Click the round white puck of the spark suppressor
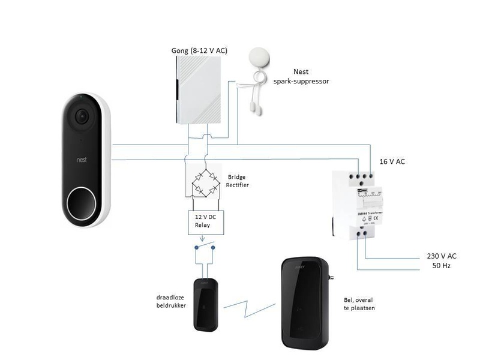[x=259, y=57]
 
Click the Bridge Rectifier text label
[x=238, y=181]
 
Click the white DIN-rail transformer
[x=357, y=203]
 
